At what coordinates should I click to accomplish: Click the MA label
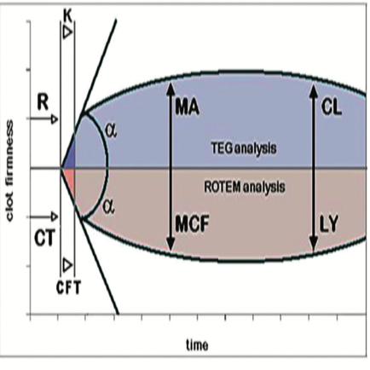188,107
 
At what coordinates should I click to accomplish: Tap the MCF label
192,223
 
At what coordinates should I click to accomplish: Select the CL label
332,107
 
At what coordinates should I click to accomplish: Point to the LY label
329,223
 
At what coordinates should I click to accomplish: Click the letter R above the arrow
43,102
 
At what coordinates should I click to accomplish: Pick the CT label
44,238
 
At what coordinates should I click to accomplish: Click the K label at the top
67,17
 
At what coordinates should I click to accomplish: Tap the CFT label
68,287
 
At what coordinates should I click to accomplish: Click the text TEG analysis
244,148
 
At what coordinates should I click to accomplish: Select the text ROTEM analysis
245,187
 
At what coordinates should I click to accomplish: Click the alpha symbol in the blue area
111,131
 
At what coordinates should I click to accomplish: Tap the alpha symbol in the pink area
108,206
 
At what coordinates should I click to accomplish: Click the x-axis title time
197,345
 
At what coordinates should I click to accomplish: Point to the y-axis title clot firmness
9,171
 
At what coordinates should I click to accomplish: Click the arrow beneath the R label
44,119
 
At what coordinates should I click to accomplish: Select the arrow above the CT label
44,217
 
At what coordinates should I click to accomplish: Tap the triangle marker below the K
67,32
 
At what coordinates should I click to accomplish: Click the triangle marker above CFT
67,265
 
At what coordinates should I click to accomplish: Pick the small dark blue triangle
70,158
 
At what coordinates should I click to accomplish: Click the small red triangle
70,177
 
